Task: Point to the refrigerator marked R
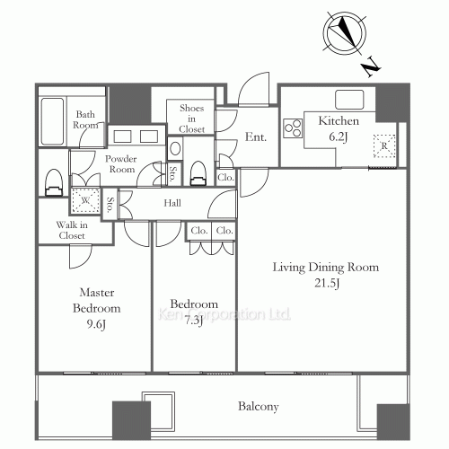point(384,145)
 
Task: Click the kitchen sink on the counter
point(348,98)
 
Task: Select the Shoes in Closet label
point(192,119)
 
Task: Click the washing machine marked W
point(86,201)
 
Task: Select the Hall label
point(172,204)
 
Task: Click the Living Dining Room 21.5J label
point(327,275)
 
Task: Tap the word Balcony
point(258,406)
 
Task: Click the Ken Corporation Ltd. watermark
point(224,315)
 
